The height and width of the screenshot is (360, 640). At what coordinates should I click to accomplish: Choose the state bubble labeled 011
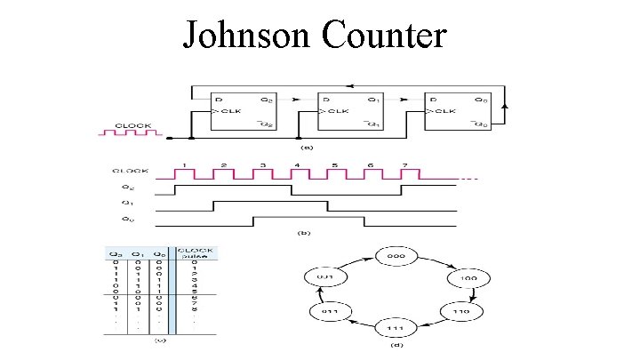click(329, 313)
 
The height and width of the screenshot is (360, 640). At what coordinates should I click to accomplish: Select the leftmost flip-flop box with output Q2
click(240, 112)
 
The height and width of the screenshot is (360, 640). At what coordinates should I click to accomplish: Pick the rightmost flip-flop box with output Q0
click(459, 112)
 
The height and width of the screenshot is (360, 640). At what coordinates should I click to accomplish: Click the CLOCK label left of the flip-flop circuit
click(131, 126)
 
